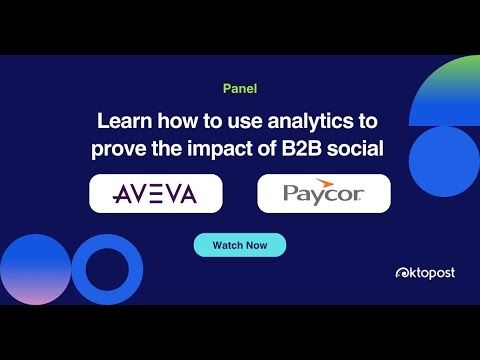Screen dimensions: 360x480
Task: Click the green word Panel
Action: click(x=240, y=89)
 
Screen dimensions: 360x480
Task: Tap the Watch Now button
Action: click(x=240, y=245)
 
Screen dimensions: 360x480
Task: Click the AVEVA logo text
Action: click(x=155, y=193)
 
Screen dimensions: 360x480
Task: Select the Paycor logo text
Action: click(x=323, y=193)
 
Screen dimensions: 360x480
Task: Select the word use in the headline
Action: click(x=237, y=122)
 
